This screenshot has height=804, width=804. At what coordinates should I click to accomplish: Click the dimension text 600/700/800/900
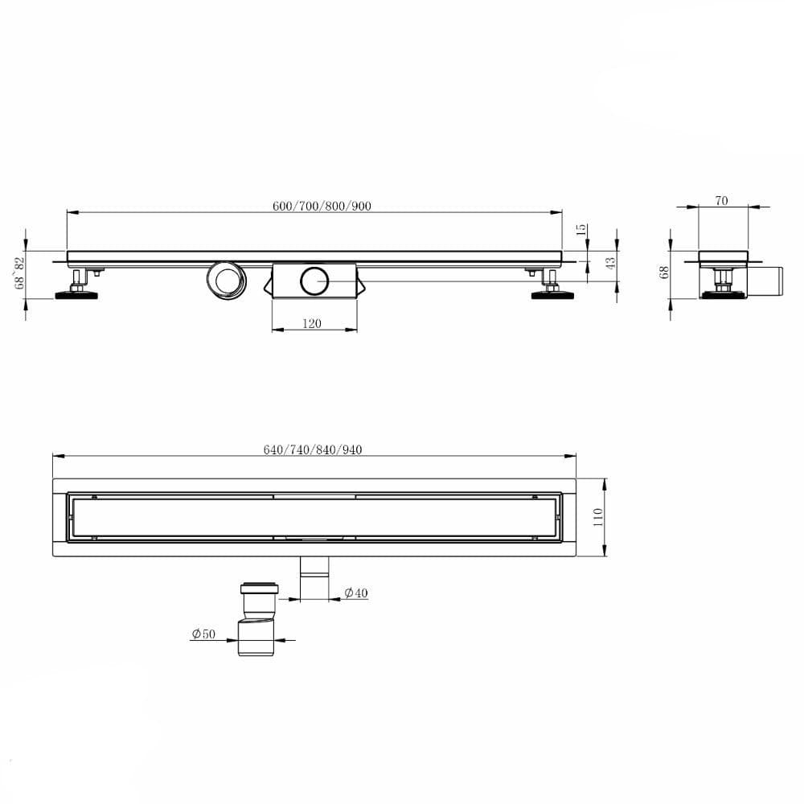(322, 206)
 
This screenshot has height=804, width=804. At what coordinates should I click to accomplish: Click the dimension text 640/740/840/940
(313, 449)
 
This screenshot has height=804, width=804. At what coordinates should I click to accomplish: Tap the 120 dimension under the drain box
(312, 323)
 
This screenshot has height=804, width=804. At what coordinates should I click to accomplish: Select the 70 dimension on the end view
(721, 201)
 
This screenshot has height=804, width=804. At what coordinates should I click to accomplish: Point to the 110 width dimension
(597, 516)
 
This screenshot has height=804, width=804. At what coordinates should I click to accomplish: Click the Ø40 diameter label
(355, 593)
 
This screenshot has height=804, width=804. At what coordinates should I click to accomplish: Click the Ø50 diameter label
(203, 634)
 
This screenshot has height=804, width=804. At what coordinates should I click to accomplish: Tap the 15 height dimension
(581, 230)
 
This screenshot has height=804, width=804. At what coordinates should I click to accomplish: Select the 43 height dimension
(610, 263)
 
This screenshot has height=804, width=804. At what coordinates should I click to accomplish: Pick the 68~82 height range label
(20, 273)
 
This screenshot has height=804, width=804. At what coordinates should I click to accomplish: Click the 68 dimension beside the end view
(664, 273)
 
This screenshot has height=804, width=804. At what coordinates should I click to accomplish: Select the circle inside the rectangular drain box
(314, 281)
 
